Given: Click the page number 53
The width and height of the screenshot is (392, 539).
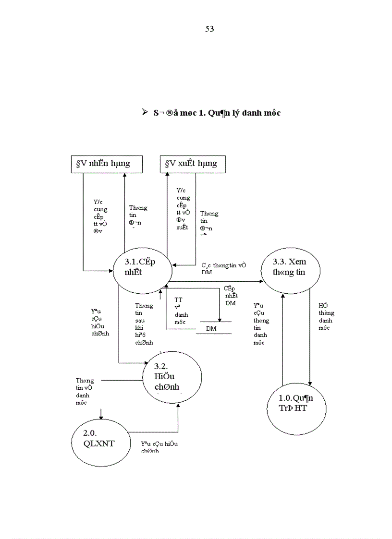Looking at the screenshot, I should pyautogui.click(x=209, y=29).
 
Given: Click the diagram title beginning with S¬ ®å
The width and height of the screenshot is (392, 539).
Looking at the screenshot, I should pyautogui.click(x=217, y=113).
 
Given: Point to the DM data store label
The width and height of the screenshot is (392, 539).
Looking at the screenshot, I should pyautogui.click(x=211, y=328).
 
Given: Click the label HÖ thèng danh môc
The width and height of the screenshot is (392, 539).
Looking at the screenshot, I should pyautogui.click(x=326, y=317).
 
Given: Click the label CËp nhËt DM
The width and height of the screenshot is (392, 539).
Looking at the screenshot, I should pyautogui.click(x=231, y=296).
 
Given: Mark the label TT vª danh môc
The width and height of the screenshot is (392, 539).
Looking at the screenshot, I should pyautogui.click(x=181, y=311).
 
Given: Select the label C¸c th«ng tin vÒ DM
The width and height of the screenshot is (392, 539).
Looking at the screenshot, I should pyautogui.click(x=223, y=268).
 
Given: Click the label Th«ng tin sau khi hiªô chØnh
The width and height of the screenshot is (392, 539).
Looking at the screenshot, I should pyautogui.click(x=144, y=324).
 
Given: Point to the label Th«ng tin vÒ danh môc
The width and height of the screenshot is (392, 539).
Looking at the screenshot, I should pyautogui.click(x=85, y=392).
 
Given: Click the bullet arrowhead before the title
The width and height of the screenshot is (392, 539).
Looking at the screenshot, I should pyautogui.click(x=145, y=112).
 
